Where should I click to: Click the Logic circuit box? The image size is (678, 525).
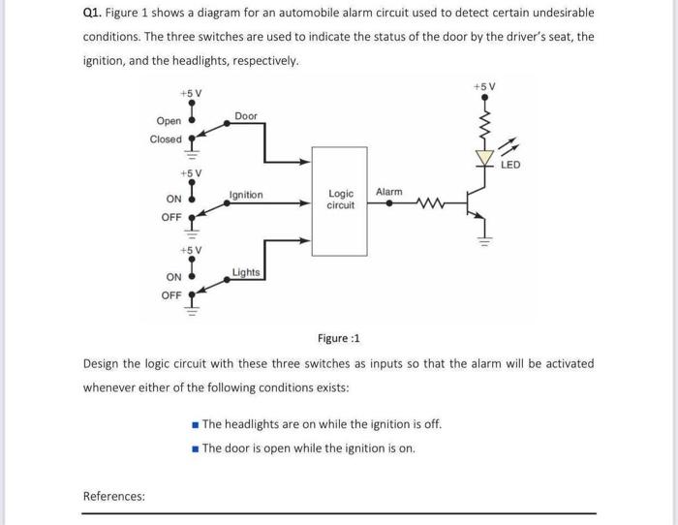click(339, 201)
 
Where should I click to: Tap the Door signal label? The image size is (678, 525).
click(246, 116)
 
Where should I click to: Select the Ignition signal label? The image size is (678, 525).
click(245, 195)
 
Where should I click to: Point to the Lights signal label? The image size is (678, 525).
click(246, 272)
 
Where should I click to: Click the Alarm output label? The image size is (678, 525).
click(388, 192)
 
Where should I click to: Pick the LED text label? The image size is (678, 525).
click(510, 165)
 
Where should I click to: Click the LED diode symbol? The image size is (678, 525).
click(481, 156)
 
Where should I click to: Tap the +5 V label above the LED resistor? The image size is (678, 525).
click(484, 87)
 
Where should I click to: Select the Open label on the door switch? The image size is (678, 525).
click(169, 121)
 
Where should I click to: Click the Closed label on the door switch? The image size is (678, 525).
click(166, 139)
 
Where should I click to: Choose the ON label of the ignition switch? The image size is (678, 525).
click(173, 200)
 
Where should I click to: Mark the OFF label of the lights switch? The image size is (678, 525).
click(171, 295)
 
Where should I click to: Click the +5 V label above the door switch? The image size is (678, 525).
click(191, 93)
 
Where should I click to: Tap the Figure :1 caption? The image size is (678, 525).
click(338, 338)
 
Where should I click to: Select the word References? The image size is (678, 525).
click(114, 497)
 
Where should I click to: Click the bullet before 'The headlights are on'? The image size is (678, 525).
click(196, 424)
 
